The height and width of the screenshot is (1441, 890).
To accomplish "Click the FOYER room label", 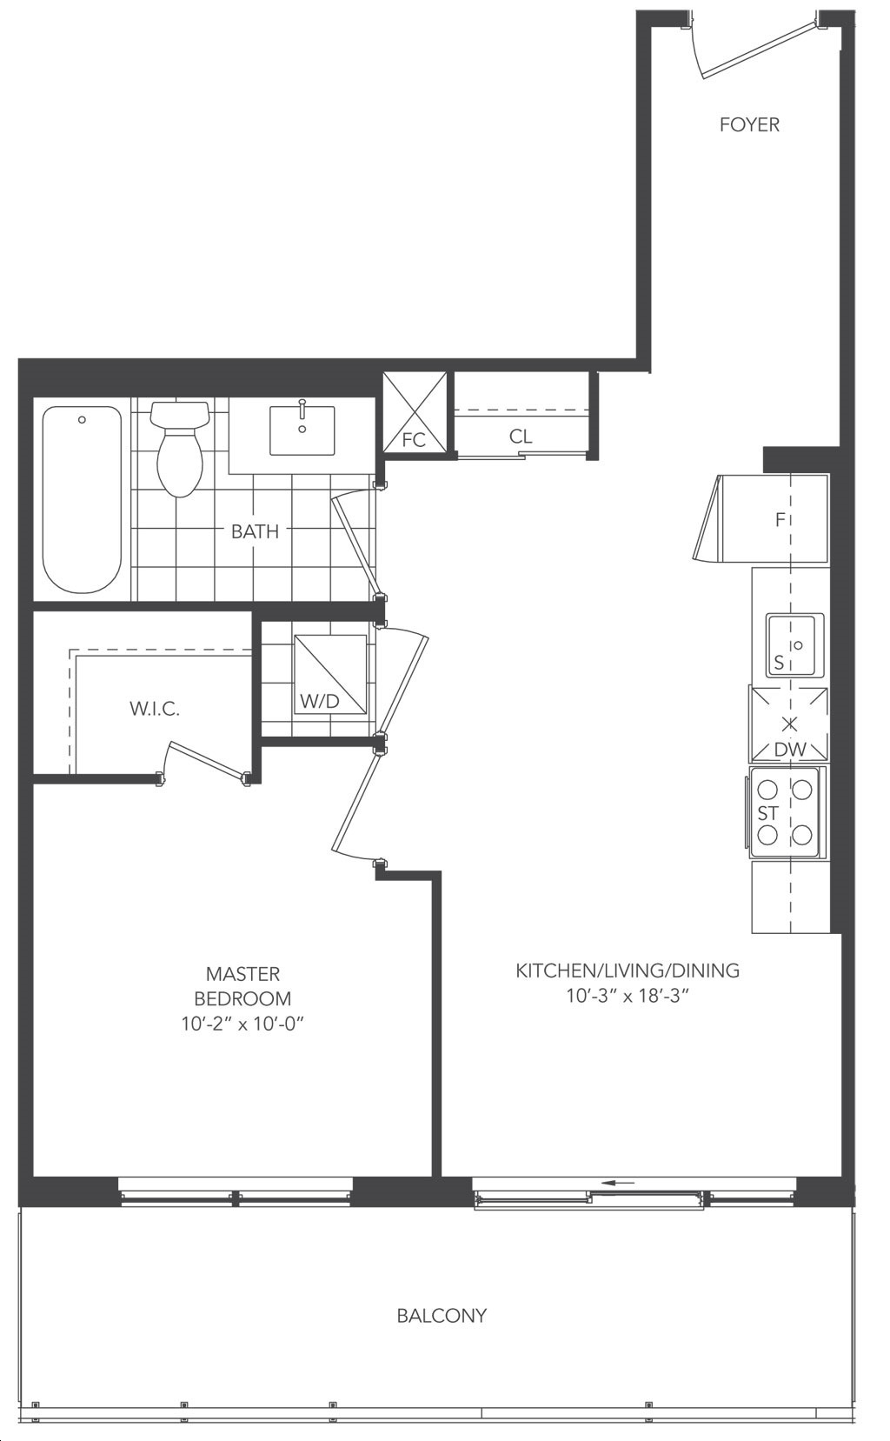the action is [x=749, y=124].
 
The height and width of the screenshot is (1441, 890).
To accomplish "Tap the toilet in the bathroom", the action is [x=179, y=449].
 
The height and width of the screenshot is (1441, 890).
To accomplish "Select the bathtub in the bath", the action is [x=82, y=500].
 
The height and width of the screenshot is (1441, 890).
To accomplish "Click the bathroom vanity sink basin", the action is [x=302, y=430].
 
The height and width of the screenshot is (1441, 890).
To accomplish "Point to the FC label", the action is [x=414, y=440].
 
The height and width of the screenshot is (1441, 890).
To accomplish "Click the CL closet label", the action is [x=521, y=437].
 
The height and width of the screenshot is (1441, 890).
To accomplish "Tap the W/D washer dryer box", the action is [x=330, y=673].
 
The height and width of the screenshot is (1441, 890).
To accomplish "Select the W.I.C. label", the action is [x=155, y=709].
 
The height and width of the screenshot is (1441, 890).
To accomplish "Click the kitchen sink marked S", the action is [x=794, y=645].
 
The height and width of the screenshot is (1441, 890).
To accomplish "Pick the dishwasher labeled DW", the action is [x=788, y=724].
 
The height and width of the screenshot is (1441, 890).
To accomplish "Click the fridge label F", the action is [x=780, y=520].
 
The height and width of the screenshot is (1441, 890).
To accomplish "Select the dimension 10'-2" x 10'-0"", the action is [x=242, y=1024].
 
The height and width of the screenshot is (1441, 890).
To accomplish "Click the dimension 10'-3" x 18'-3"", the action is [x=628, y=997].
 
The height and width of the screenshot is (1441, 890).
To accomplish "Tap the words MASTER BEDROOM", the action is [x=242, y=986].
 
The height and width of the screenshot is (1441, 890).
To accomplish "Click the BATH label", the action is [x=255, y=531].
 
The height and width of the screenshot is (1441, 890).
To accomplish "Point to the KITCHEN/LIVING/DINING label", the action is [x=628, y=971].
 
